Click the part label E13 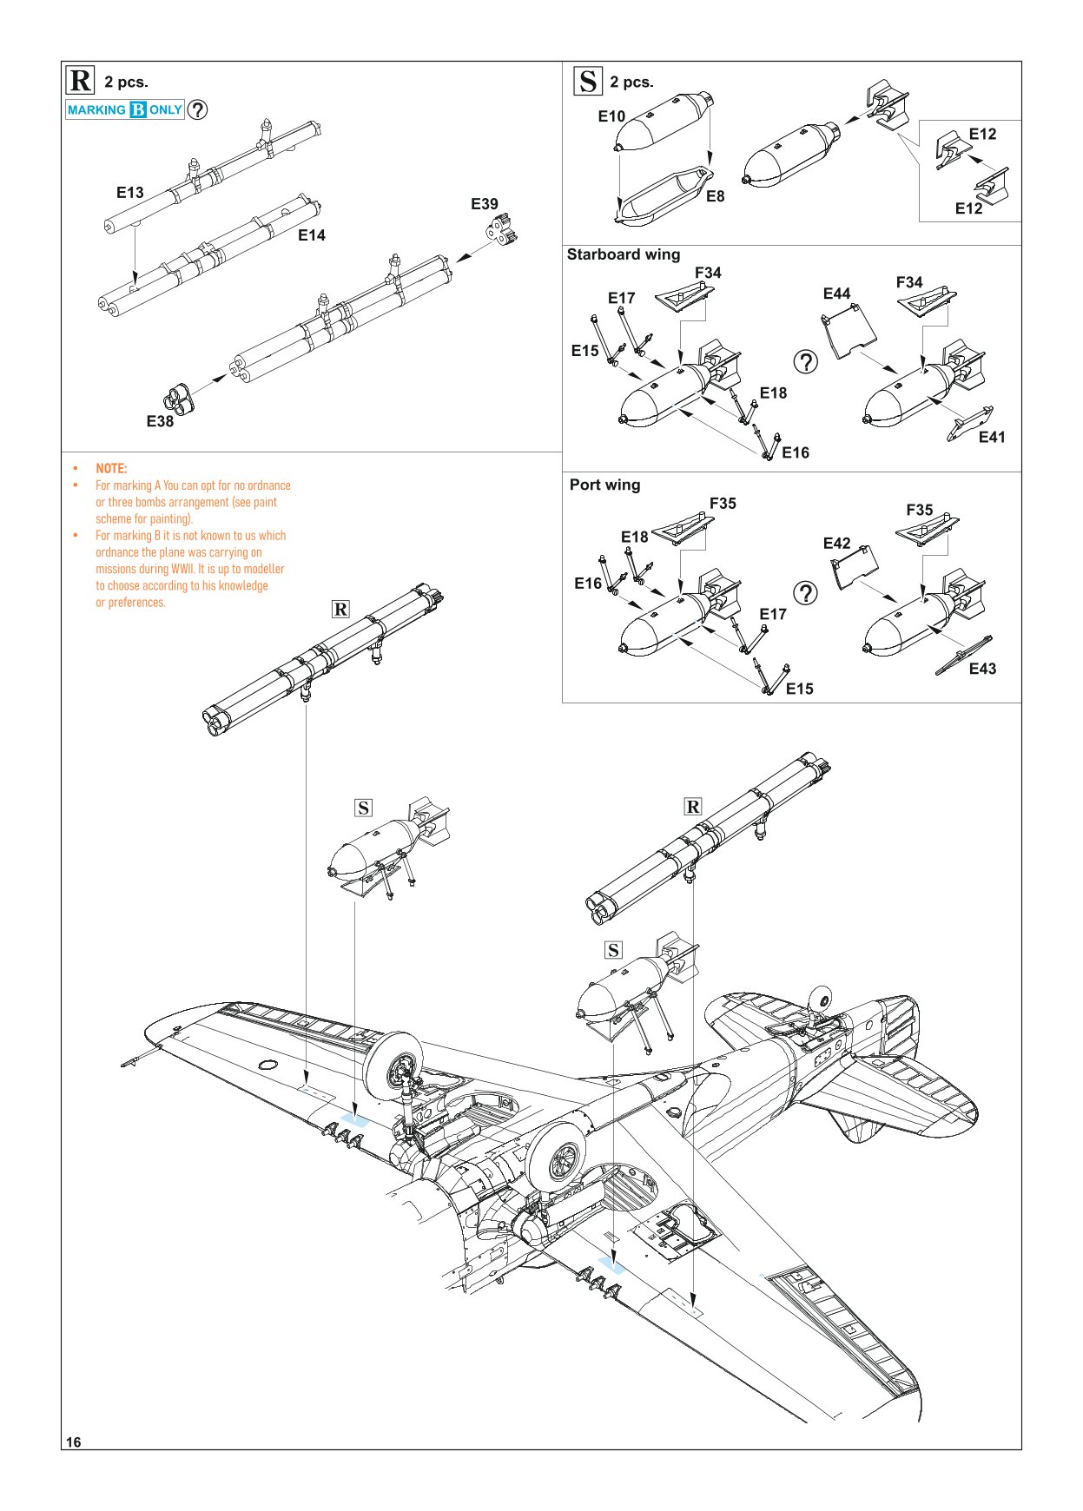(130, 193)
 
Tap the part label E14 (311, 235)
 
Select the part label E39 (485, 204)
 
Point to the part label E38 (160, 421)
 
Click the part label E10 (611, 116)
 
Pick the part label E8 (715, 196)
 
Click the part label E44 (836, 294)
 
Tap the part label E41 (991, 438)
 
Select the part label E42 (836, 544)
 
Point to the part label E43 (982, 669)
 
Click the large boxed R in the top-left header (81, 81)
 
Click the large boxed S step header (588, 81)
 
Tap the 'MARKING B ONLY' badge (125, 110)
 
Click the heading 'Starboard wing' (623, 254)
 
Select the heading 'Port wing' (604, 485)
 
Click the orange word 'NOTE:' (111, 468)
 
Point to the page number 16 (74, 1442)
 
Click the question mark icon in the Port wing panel (806, 593)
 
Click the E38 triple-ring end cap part (177, 399)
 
